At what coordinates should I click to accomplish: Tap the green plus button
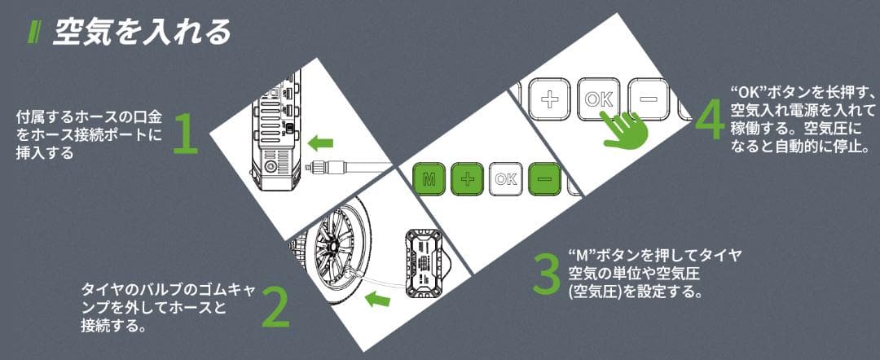(x=466, y=179)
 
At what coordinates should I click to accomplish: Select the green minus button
(x=544, y=179)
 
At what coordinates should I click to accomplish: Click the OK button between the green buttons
(x=505, y=179)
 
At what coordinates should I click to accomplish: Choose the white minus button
(x=648, y=99)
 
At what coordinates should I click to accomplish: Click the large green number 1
(x=187, y=134)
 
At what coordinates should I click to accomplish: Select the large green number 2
(x=275, y=306)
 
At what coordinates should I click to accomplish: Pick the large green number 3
(x=546, y=275)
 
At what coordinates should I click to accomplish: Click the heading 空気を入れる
(x=143, y=32)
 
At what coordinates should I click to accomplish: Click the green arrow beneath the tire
(x=376, y=301)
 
